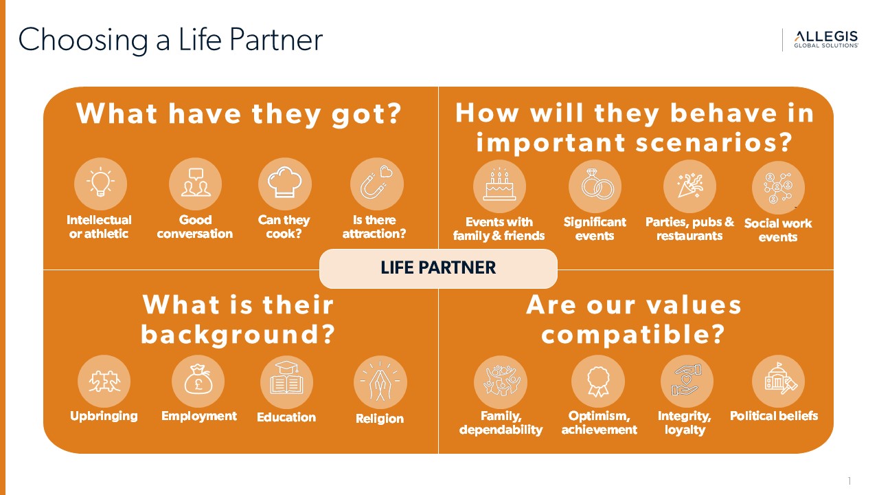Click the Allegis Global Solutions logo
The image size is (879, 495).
point(826,39)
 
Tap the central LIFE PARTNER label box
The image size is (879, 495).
point(438,268)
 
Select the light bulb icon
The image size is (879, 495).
point(100,183)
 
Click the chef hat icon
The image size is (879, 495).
point(284,182)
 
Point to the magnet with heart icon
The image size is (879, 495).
point(376,183)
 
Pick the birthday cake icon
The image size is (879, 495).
point(499,186)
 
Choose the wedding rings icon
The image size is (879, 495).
point(596,184)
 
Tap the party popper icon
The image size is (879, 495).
point(690,185)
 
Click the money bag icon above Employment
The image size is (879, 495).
point(198,380)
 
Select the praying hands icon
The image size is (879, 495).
point(380,381)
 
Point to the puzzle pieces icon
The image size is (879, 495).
point(104,382)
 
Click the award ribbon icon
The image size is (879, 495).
point(597,382)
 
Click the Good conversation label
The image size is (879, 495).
point(195,227)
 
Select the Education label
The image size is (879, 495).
point(286,417)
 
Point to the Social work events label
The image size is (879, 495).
point(778,230)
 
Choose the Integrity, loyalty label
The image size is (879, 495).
point(685,423)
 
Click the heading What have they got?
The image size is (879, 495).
point(238,114)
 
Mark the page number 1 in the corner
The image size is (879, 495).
point(849,481)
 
